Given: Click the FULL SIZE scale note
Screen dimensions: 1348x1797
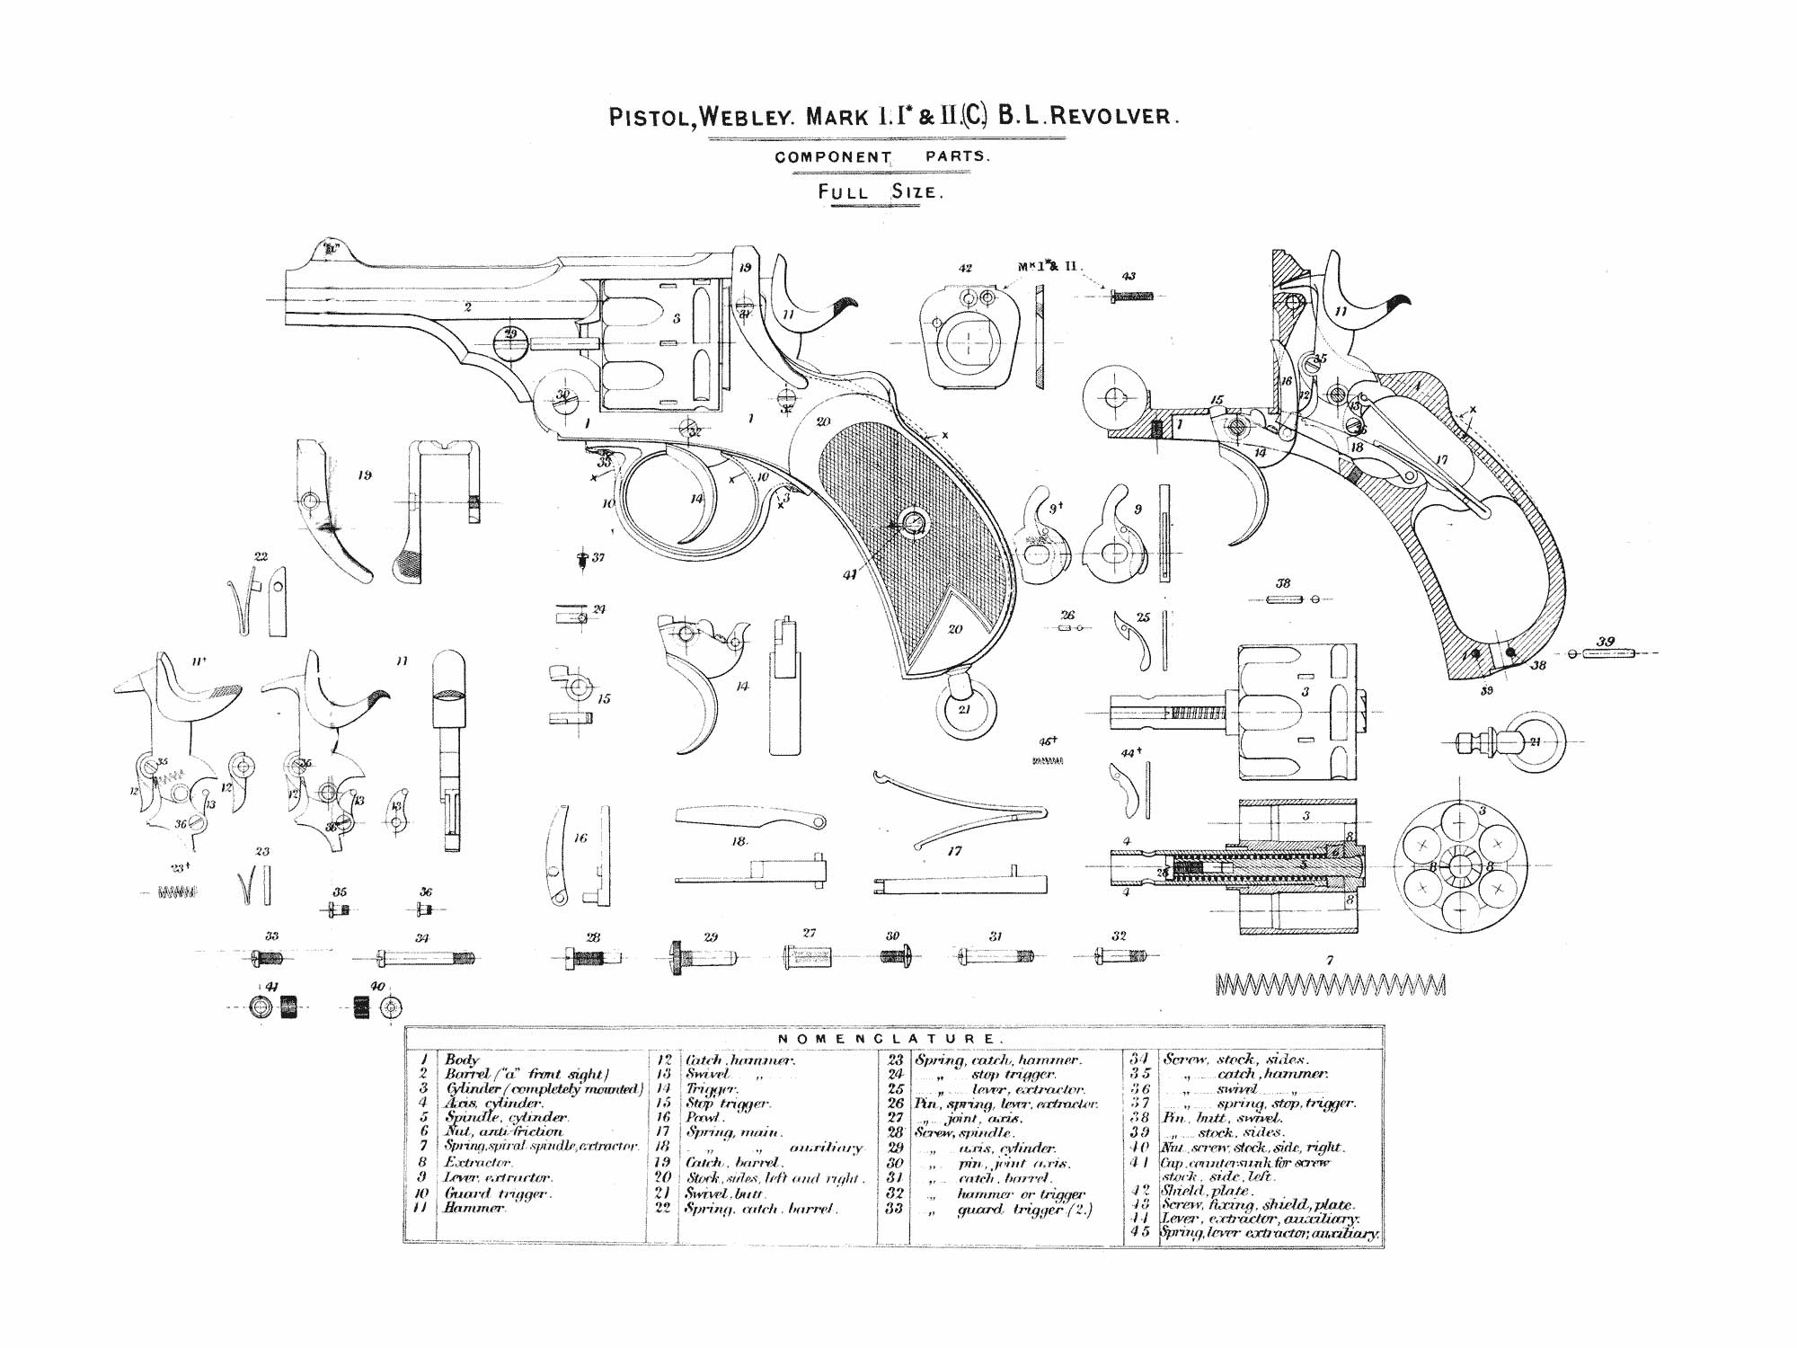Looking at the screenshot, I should (x=880, y=191).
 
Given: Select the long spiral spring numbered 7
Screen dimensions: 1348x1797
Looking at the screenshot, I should (x=1330, y=985).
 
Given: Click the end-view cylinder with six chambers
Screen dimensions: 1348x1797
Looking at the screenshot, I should (x=1460, y=865).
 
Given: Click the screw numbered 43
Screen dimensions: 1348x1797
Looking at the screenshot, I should (x=1130, y=295).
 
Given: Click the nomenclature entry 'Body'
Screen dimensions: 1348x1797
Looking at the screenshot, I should (x=462, y=1060).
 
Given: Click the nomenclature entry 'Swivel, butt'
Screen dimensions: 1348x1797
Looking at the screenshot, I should (x=723, y=1193).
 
